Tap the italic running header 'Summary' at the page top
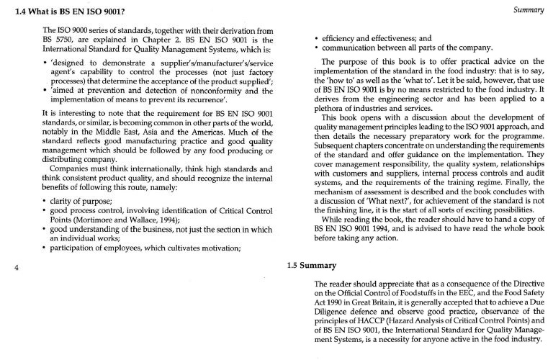click(530, 11)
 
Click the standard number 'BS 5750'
click(58, 40)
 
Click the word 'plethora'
click(331, 107)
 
